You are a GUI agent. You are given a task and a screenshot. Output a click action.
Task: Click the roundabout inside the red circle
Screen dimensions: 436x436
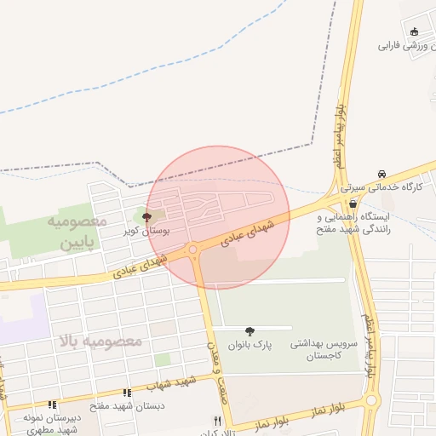194,250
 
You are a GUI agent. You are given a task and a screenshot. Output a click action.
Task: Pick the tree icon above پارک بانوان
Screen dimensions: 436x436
250,331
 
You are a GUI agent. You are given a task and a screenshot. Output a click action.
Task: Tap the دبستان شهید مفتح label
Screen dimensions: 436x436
126,406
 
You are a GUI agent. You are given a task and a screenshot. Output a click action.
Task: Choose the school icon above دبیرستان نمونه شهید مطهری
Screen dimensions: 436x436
51,404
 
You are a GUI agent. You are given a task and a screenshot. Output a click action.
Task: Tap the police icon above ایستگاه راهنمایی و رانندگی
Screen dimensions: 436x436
353,204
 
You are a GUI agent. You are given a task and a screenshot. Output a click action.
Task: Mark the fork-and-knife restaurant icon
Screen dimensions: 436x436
218,421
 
